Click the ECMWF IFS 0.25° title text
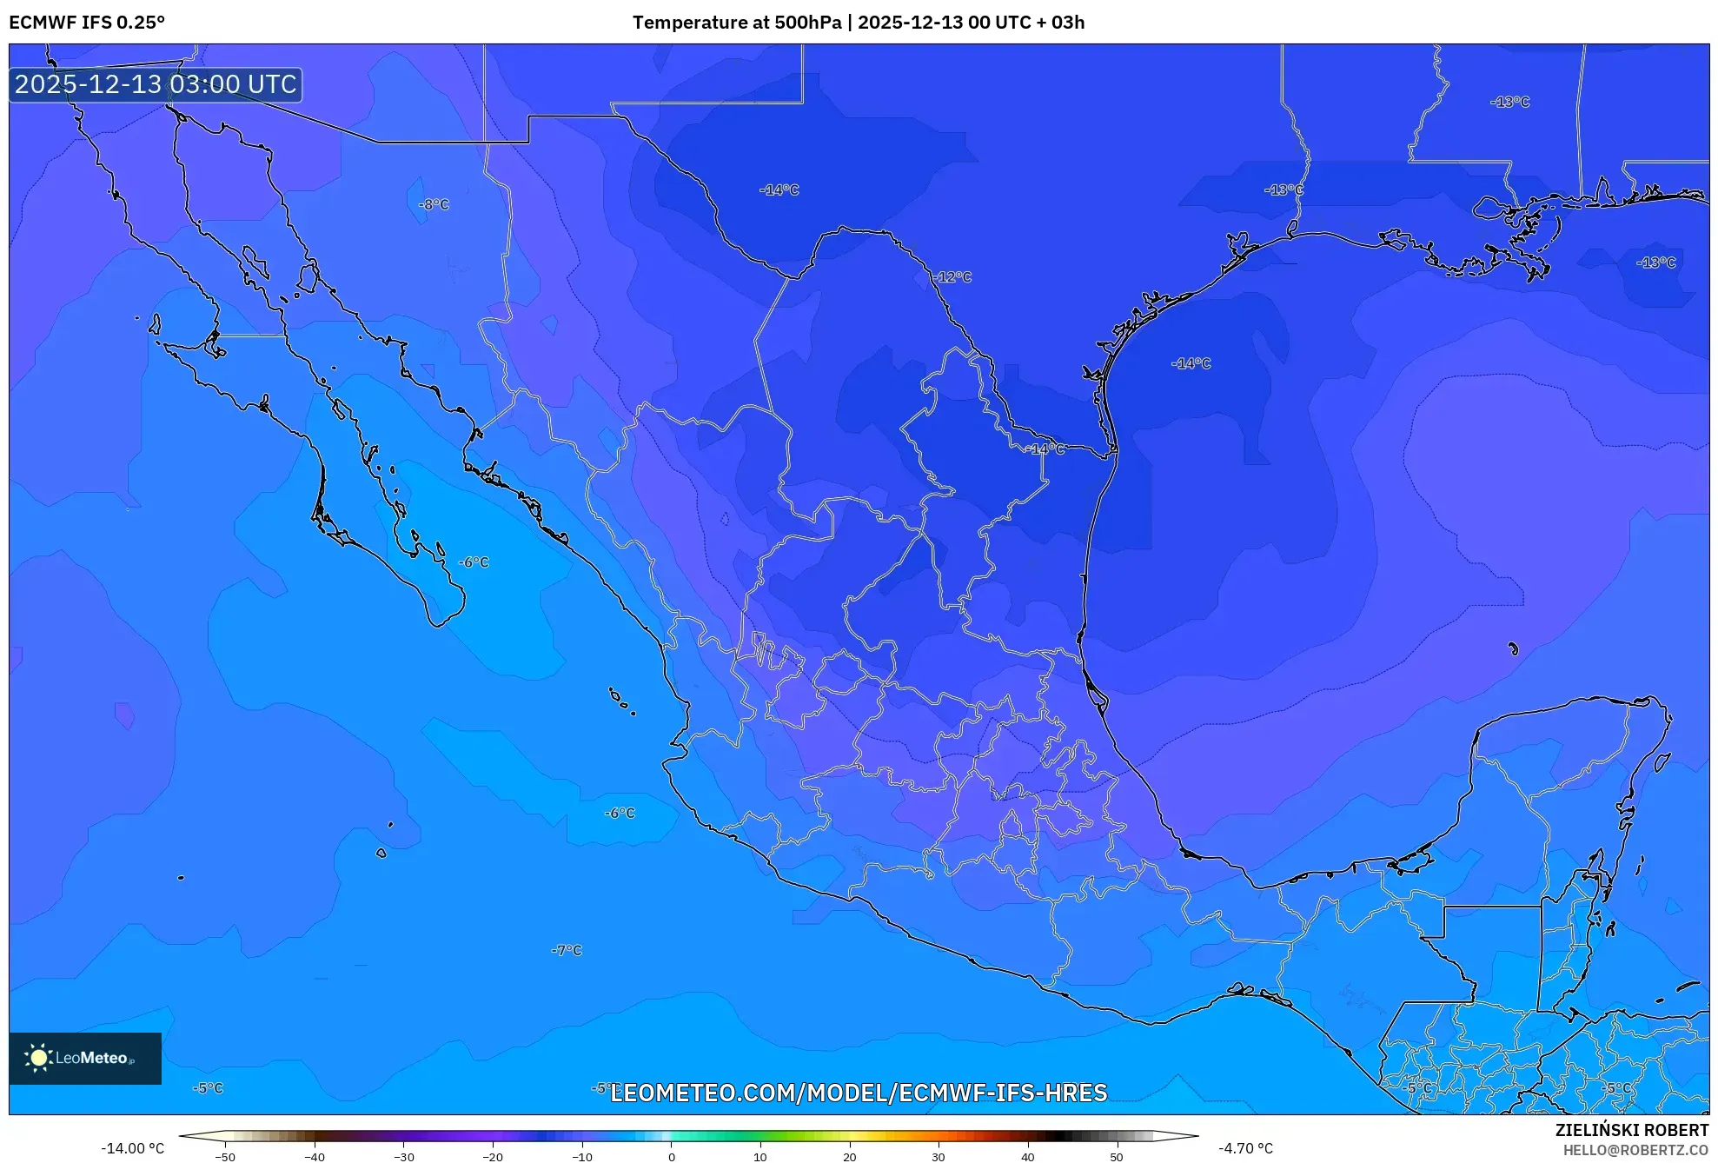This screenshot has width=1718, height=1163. (87, 23)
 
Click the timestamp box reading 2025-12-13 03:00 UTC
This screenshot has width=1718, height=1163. (156, 84)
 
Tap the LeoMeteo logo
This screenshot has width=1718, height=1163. (84, 1058)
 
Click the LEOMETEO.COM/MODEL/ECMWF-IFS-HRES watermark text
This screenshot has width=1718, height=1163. (859, 1093)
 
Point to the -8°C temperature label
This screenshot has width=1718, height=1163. (434, 205)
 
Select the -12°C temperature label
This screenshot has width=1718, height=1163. (954, 277)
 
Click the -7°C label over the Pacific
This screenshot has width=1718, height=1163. (567, 950)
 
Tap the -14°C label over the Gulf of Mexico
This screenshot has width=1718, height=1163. (1191, 363)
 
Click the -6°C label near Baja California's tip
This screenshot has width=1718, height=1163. (474, 562)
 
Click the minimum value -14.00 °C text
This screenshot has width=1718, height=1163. (132, 1148)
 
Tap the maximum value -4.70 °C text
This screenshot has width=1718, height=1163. (1245, 1148)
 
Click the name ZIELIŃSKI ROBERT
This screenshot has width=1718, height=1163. (1631, 1130)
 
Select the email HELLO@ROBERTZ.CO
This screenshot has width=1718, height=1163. (1635, 1150)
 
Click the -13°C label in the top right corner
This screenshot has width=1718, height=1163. (1510, 102)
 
